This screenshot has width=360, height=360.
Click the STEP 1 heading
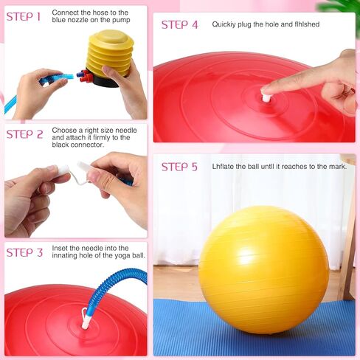(24, 16)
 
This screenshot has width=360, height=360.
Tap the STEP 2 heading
(24, 134)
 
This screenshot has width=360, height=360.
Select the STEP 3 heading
(24, 252)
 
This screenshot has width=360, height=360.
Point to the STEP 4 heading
(179, 24)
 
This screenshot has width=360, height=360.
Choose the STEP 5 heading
(179, 167)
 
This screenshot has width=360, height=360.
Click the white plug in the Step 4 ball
(266, 97)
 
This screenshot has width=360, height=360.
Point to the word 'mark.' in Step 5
(336, 167)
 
